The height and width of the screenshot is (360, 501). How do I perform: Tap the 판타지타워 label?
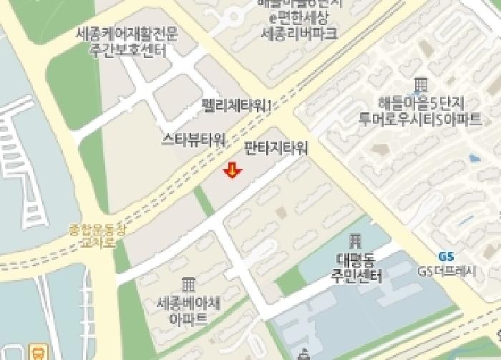276,149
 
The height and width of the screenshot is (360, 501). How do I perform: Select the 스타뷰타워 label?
194,139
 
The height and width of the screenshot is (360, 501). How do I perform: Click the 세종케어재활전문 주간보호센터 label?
127,42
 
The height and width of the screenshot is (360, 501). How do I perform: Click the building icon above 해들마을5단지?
421,84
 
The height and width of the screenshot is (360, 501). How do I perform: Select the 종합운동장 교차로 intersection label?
96,235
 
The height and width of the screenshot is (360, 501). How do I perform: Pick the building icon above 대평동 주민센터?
356,241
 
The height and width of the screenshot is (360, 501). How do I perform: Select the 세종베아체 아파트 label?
188,310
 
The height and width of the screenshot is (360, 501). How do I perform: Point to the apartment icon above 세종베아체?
188,284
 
